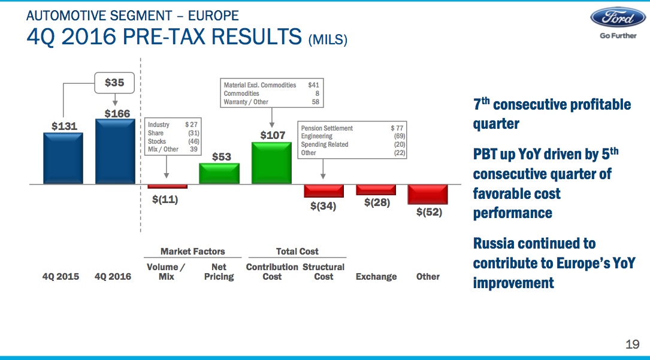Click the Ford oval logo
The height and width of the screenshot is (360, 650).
pyautogui.click(x=618, y=17)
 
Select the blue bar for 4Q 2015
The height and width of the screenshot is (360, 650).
pyautogui.click(x=63, y=158)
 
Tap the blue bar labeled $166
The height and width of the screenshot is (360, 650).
pyautogui.click(x=115, y=152)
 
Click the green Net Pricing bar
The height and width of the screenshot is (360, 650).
pyautogui.click(x=219, y=174)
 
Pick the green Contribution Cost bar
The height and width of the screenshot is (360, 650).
pyautogui.click(x=271, y=163)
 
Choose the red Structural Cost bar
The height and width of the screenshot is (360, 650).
pyautogui.click(x=324, y=190)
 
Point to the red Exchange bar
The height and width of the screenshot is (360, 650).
pyautogui.click(x=376, y=190)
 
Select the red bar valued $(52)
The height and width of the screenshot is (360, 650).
pyautogui.click(x=428, y=194)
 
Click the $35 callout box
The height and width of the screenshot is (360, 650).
pyautogui.click(x=114, y=83)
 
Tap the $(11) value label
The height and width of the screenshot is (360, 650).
pyautogui.click(x=165, y=199)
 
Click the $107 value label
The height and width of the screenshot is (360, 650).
pyautogui.click(x=273, y=135)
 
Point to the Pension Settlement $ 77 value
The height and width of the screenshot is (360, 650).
pyautogui.click(x=397, y=128)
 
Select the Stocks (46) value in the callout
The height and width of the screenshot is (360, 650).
pyautogui.click(x=194, y=141)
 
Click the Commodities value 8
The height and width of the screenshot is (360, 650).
pyautogui.click(x=317, y=93)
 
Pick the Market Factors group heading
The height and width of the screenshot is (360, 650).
pyautogui.click(x=193, y=252)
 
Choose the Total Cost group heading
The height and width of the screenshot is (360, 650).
pyautogui.click(x=297, y=252)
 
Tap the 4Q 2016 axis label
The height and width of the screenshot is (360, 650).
pyautogui.click(x=113, y=277)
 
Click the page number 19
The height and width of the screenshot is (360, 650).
pyautogui.click(x=633, y=344)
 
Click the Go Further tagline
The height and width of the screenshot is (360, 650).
pyautogui.click(x=618, y=36)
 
